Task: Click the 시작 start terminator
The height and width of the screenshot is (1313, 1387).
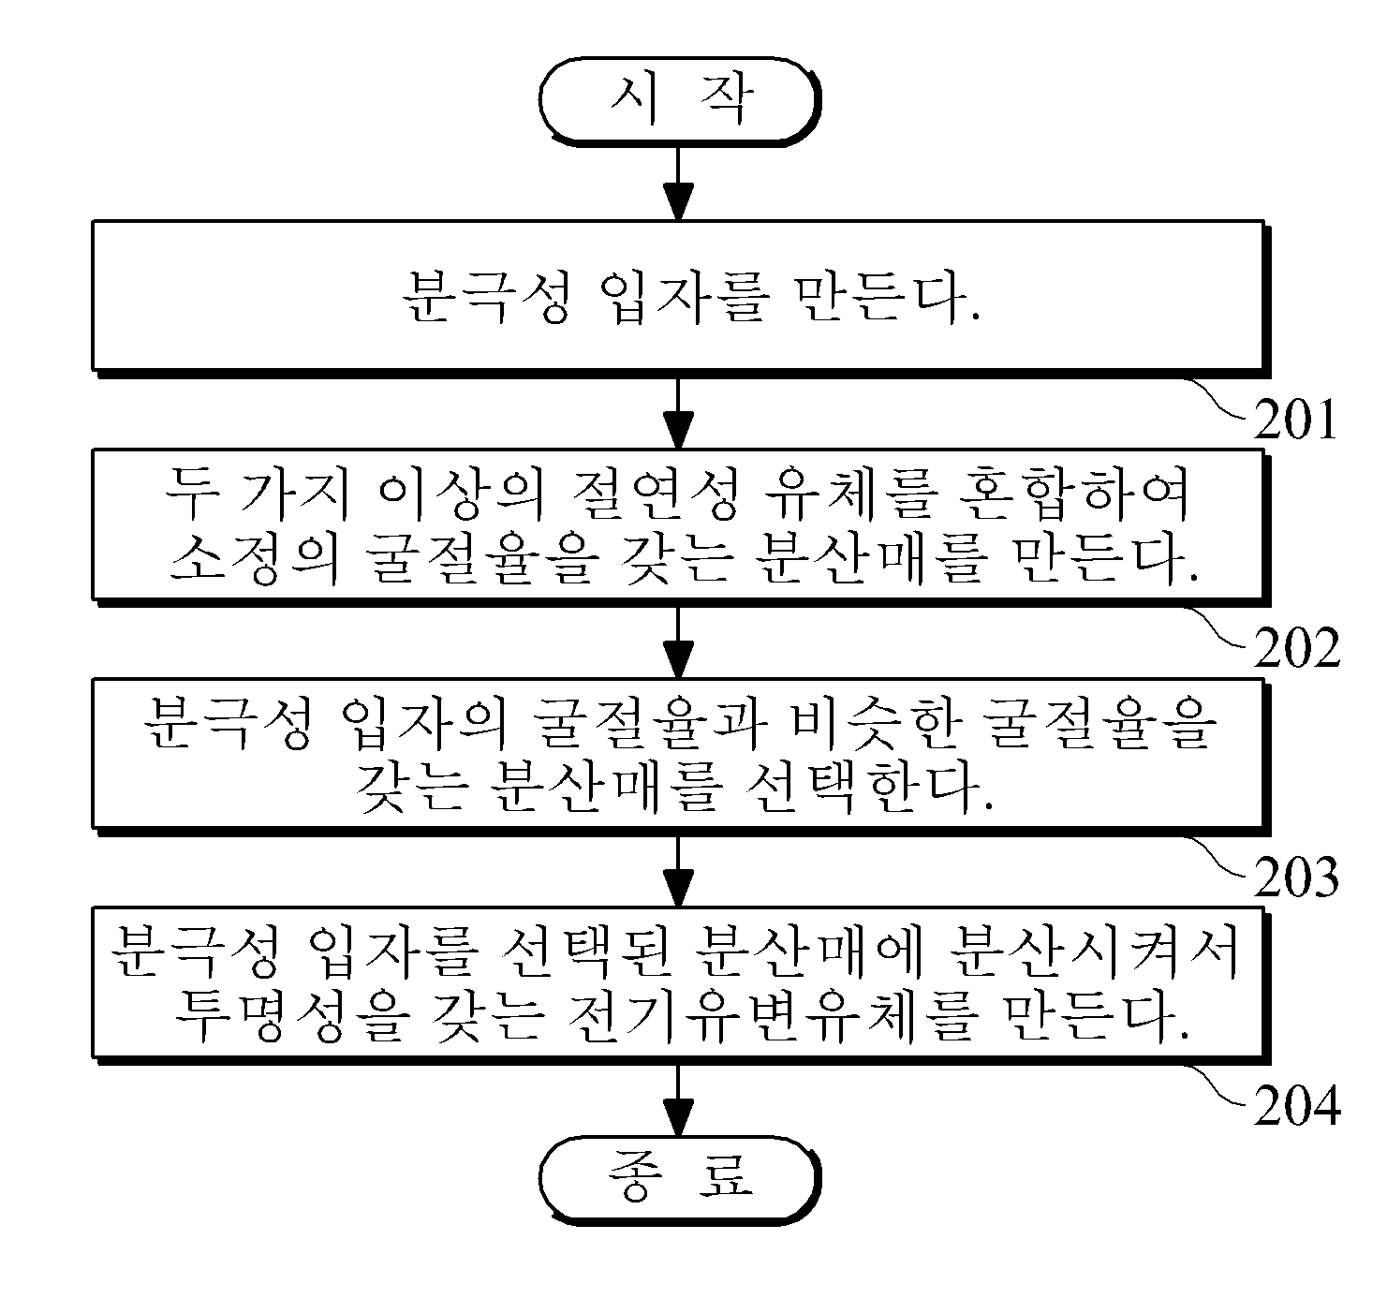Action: click(679, 101)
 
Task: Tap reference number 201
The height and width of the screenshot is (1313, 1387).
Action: click(1295, 420)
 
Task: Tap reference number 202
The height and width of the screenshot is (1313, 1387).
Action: click(1297, 648)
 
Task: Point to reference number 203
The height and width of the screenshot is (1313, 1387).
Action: click(1296, 877)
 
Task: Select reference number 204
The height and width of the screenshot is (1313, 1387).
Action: click(1297, 1105)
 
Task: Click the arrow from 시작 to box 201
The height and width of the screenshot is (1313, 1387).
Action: click(678, 184)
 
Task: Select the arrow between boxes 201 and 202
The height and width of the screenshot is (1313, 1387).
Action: click(678, 413)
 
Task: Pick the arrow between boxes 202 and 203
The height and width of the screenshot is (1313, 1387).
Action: click(678, 642)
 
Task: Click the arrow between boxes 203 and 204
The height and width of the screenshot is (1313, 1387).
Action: click(678, 871)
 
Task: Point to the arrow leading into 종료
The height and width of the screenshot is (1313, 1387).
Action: click(678, 1099)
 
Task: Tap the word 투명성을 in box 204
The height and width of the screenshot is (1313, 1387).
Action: click(292, 1017)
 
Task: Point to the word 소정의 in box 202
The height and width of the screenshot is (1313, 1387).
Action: click(256, 557)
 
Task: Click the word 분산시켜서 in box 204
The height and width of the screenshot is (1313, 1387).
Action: click(1094, 953)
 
